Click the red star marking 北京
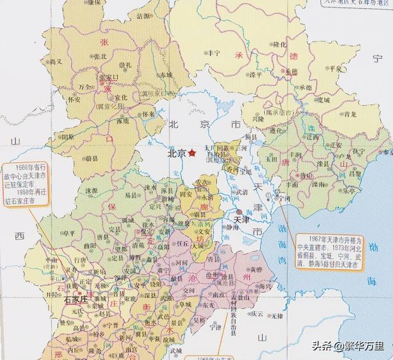pyautogui.click(x=193, y=153)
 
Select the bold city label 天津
pyautogui.click(x=242, y=219)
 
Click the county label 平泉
pyautogui.click(x=335, y=69)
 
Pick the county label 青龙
pyautogui.click(x=350, y=113)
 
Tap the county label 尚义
pyautogui.click(x=56, y=62)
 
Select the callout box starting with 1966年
pyautogui.click(x=25, y=182)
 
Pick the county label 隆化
pyautogui.click(x=279, y=44)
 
